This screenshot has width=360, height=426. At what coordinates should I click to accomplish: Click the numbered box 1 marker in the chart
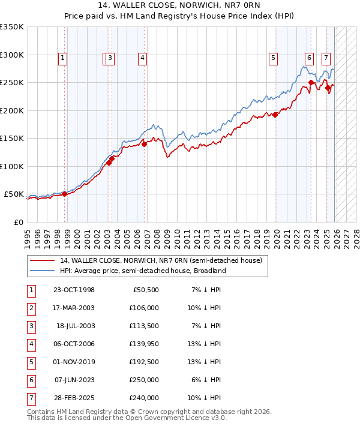point(63,58)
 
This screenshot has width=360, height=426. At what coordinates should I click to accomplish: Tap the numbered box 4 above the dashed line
point(142,58)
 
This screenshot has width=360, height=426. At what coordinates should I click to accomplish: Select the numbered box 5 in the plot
point(273,58)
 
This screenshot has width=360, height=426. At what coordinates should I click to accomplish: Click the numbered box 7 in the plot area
point(326,58)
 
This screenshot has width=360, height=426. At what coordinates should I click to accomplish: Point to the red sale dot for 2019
point(275,115)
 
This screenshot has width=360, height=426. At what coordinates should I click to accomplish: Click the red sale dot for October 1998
point(64,194)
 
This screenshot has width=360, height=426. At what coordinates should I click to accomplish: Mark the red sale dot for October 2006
point(144,144)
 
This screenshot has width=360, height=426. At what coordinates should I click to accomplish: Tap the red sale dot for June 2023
point(311,83)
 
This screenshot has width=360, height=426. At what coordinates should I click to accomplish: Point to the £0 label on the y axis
point(19,222)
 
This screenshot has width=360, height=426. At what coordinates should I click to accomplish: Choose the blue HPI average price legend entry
point(142,271)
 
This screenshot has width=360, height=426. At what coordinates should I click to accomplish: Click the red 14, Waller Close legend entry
point(160,260)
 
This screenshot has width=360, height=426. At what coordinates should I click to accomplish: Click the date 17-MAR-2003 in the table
point(74,308)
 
